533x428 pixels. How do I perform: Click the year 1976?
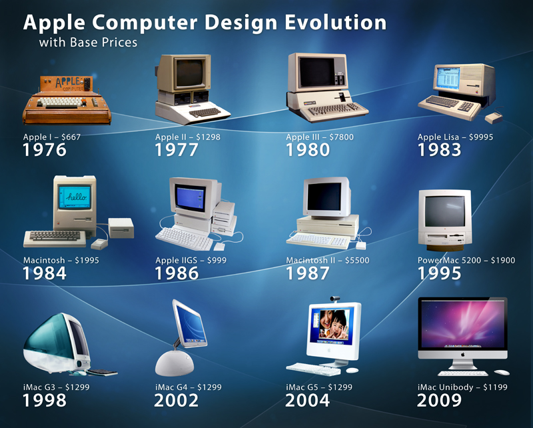pos(45,150)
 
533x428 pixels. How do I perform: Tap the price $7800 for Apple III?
pos(340,137)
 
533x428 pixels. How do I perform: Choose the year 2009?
pos(439,400)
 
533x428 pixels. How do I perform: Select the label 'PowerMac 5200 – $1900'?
pos(466,261)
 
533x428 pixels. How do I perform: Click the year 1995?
pos(439,273)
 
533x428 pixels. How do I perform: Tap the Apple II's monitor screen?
pos(190,73)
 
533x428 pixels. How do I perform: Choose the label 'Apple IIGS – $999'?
pos(191,261)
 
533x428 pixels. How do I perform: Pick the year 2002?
pos(177,400)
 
